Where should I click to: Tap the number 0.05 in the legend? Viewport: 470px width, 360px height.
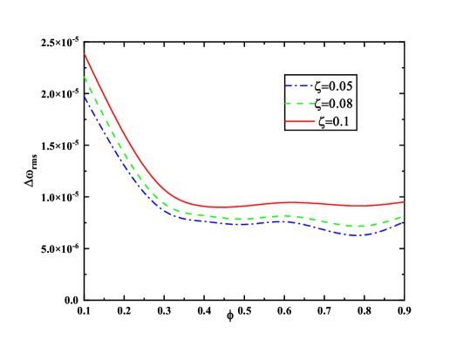[341, 85]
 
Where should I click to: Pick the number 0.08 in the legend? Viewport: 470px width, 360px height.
[341, 104]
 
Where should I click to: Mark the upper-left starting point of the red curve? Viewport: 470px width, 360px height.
[85, 54]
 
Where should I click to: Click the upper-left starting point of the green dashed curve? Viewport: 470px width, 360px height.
[85, 77]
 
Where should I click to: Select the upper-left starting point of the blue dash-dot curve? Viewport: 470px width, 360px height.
[85, 96]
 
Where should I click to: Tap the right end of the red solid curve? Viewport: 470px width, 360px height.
[404, 201]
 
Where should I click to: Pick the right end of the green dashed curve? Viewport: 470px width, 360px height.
[402, 215]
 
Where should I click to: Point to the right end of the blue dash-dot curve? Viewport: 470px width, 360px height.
[402, 222]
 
